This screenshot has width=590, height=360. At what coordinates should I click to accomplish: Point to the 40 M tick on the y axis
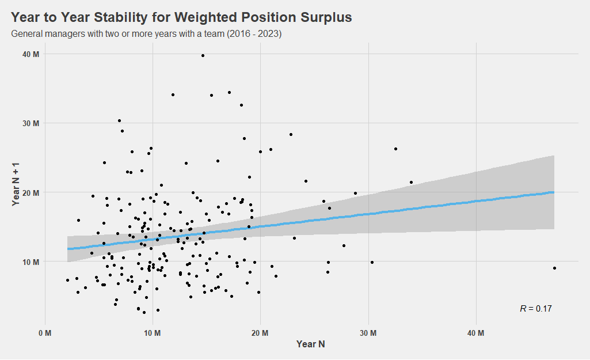(x=31, y=54)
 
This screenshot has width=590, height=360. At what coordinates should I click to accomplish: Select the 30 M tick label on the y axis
(x=31, y=123)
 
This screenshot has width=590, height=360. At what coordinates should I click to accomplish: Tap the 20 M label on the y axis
(x=31, y=192)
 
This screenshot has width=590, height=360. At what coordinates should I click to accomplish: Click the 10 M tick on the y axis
(x=31, y=262)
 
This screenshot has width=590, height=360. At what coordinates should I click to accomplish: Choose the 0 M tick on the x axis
(x=45, y=333)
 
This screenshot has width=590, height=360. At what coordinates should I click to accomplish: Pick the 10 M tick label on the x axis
(x=153, y=333)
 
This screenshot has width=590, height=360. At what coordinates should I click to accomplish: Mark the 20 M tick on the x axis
(x=260, y=333)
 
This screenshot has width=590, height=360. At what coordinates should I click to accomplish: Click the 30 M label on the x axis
(x=368, y=333)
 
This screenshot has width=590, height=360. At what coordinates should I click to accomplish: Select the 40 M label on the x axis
(x=476, y=333)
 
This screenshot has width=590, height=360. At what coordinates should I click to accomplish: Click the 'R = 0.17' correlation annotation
(x=535, y=309)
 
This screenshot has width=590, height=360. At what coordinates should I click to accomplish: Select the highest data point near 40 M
(x=203, y=55)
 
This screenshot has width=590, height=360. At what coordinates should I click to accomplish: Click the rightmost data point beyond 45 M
(x=554, y=268)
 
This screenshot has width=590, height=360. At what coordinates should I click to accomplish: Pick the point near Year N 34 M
(x=411, y=182)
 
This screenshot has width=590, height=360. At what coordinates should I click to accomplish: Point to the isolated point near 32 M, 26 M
(x=395, y=149)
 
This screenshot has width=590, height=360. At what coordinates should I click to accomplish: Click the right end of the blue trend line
(x=553, y=192)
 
